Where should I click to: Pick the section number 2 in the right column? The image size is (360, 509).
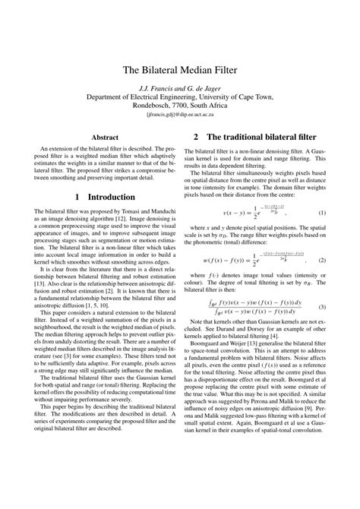click(x=196, y=138)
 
